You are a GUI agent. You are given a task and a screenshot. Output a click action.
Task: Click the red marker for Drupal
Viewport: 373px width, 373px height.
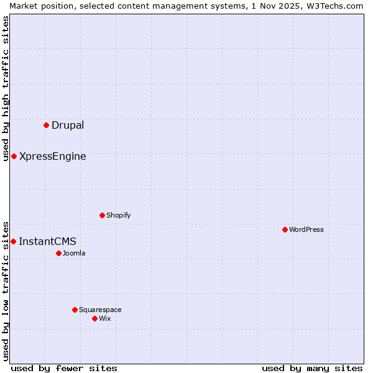(x=47, y=125)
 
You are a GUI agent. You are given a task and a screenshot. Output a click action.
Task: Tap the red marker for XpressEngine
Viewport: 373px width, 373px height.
(x=14, y=156)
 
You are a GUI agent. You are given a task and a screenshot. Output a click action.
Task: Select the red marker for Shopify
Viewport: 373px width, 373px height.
(x=103, y=215)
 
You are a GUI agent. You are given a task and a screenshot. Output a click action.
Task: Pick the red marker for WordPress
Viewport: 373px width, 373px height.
(x=285, y=229)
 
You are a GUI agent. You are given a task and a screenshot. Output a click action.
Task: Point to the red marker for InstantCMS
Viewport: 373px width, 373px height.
(x=13, y=241)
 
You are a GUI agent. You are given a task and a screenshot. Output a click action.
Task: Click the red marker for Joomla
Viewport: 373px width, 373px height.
(x=59, y=253)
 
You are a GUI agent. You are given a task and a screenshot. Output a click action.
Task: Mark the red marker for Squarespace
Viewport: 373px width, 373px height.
(x=75, y=310)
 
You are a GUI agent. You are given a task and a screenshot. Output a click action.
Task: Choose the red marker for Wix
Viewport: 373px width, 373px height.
(x=95, y=318)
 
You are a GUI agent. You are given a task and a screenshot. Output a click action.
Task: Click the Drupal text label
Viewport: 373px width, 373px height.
(x=68, y=126)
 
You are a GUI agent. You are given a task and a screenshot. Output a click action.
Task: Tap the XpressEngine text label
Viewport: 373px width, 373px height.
(x=53, y=157)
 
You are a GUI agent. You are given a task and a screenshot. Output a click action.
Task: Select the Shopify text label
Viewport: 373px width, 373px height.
(x=118, y=216)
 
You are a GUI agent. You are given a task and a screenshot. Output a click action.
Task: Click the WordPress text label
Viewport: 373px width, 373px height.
(x=306, y=230)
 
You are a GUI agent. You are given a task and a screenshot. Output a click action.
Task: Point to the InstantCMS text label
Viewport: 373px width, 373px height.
(x=47, y=242)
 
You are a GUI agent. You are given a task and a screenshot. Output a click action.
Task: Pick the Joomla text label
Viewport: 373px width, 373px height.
(x=74, y=254)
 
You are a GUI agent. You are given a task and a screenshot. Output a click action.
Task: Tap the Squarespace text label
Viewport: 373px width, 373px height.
(x=100, y=310)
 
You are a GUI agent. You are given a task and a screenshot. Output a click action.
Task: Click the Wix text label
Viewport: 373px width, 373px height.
(x=105, y=319)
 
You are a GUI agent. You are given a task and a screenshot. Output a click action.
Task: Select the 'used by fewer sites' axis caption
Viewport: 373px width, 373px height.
(x=64, y=368)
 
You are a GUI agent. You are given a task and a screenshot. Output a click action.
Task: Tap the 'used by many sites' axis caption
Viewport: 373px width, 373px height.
(x=312, y=368)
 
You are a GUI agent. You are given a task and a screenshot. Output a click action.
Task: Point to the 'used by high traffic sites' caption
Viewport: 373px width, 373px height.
(x=6, y=88)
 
